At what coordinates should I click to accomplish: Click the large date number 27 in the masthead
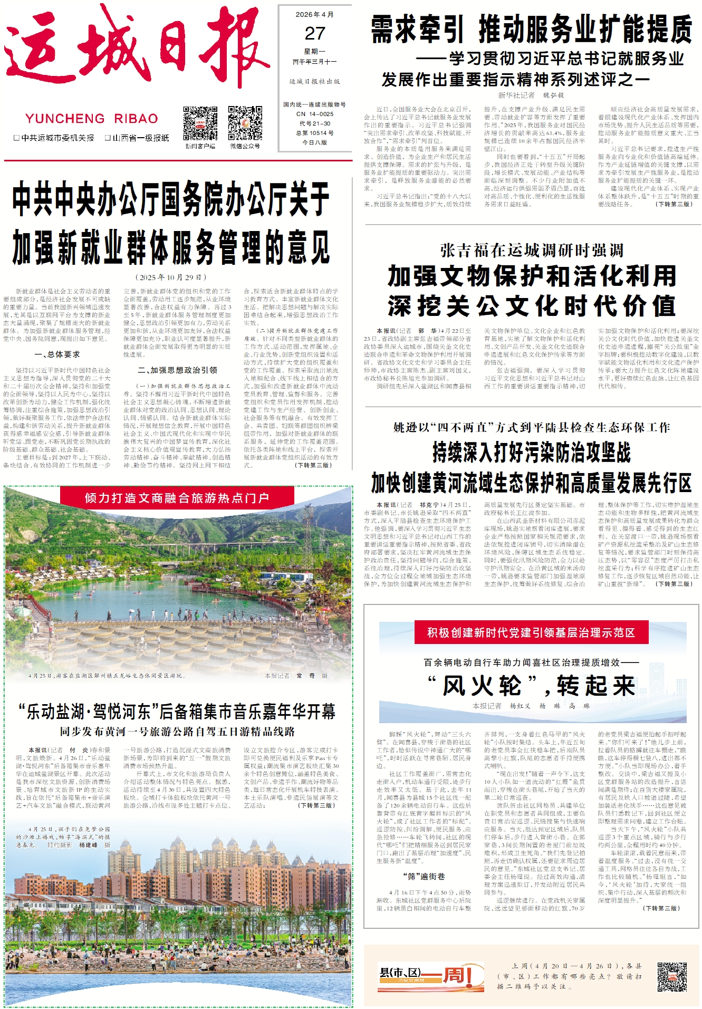coord(315,34)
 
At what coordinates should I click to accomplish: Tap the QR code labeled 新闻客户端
coord(200,123)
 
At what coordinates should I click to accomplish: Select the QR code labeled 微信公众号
coord(245,123)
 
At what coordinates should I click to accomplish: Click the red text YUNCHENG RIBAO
coord(92,119)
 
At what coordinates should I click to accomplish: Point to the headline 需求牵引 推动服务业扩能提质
coord(532,29)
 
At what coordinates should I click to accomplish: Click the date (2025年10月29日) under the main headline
coord(171,277)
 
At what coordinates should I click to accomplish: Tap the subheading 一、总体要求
coord(57,354)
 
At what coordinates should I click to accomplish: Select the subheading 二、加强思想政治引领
coord(177,370)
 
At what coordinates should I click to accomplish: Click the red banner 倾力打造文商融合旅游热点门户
coord(177,497)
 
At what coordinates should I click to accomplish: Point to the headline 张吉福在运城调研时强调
coord(532,250)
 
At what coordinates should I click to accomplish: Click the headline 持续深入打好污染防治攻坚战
coord(532,452)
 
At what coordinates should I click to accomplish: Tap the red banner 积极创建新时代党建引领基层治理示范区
coord(531,632)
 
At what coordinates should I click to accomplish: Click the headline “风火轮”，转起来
coord(531,686)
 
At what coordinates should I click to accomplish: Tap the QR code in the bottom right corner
coord(671,976)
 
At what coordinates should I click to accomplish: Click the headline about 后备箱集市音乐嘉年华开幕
coord(177,712)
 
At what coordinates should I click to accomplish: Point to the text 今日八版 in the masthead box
coord(314,142)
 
